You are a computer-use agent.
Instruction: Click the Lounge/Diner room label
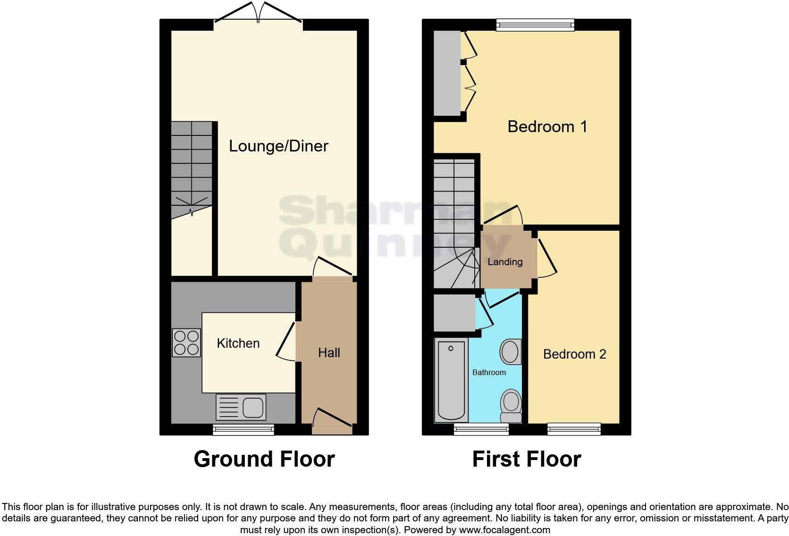click(278, 146)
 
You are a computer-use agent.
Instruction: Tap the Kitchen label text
click(238, 343)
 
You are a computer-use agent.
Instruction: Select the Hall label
click(329, 353)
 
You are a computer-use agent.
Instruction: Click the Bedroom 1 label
click(547, 126)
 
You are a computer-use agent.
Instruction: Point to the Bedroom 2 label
click(574, 354)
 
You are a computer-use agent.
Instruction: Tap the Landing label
click(505, 262)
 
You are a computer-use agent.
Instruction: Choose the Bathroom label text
click(489, 373)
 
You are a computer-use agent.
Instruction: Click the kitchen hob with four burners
click(186, 343)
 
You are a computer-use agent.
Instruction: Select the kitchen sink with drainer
click(241, 407)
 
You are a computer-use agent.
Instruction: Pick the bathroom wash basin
click(510, 352)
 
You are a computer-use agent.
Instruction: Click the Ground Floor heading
click(264, 460)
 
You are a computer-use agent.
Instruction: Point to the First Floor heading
click(527, 460)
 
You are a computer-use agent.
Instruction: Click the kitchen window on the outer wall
click(243, 429)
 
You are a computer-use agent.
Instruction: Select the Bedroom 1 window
click(535, 25)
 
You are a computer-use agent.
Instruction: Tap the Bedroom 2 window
click(574, 429)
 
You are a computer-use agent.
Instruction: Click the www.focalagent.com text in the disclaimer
click(504, 530)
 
